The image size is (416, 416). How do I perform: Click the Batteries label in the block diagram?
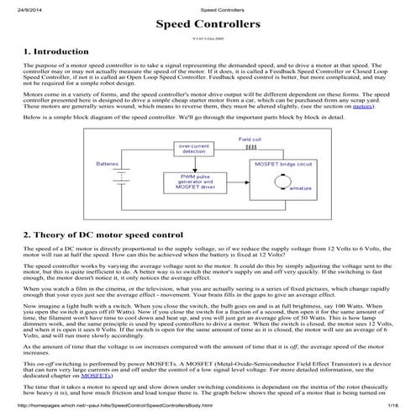pyautogui.click(x=107, y=162)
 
